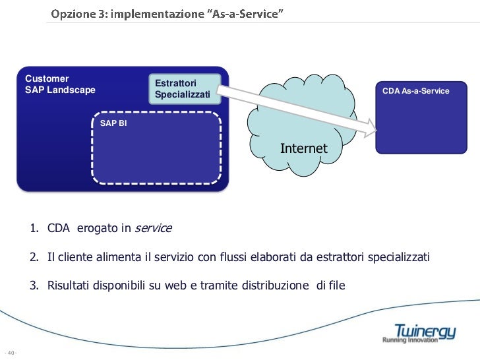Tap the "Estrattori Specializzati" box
click(182, 89)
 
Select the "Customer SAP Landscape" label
click(60, 84)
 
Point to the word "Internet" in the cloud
click(303, 148)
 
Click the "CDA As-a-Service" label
click(415, 90)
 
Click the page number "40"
click(11, 351)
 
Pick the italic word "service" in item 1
click(153, 228)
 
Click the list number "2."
click(34, 257)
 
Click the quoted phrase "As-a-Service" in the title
click(247, 13)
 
